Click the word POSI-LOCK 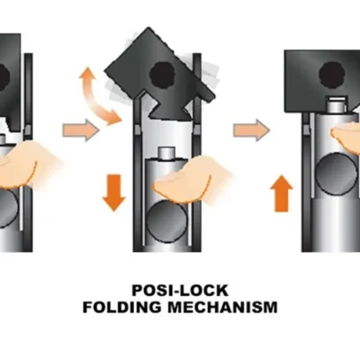[180, 291]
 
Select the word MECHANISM [222, 308]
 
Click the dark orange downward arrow [113, 193]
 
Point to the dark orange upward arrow [282, 193]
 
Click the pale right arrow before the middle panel [81, 130]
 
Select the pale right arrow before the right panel [252, 130]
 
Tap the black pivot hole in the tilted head [162, 73]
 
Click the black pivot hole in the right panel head [331, 75]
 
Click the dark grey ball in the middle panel [165, 218]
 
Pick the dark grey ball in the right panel [334, 174]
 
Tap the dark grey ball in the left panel [6, 208]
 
